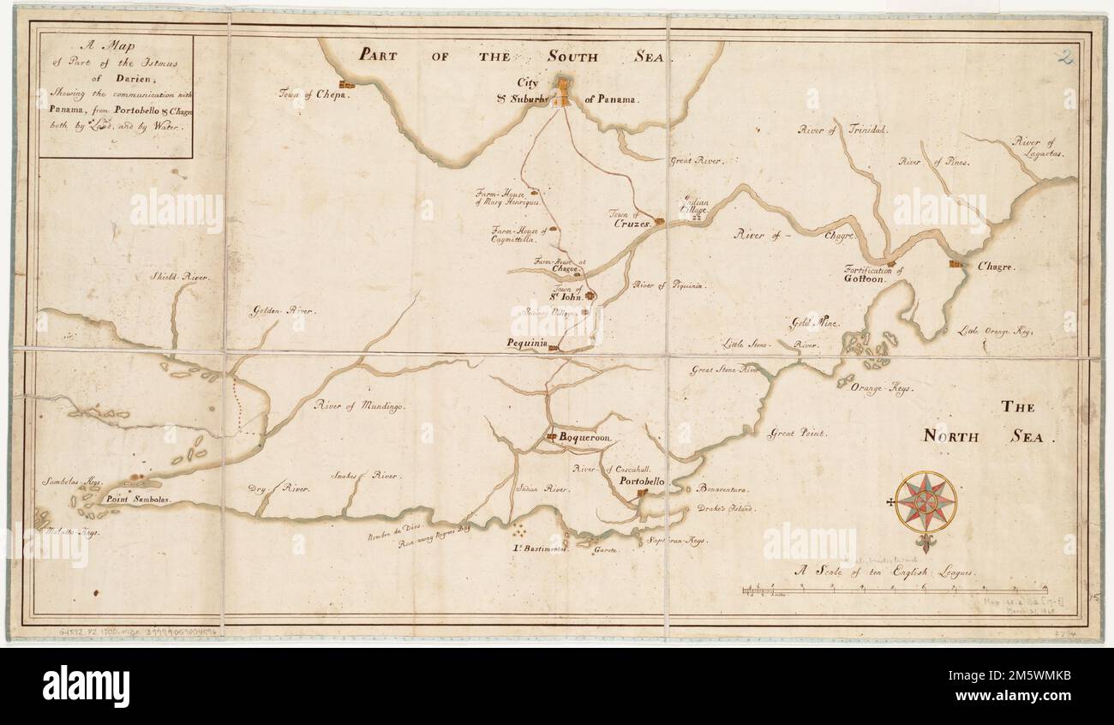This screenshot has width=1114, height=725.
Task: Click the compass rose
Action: (925, 501)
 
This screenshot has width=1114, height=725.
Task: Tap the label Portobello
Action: (643, 482)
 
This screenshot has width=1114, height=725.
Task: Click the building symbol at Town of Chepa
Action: (346, 85)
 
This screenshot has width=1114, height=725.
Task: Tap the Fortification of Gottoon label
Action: (874, 274)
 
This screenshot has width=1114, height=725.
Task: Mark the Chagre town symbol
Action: (954, 264)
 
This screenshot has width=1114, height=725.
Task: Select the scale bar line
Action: (895, 590)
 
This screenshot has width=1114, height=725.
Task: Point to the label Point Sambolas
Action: (137, 498)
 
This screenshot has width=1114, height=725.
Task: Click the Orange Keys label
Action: (882, 388)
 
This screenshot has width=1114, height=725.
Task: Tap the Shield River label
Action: (179, 278)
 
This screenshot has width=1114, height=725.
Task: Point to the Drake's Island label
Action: (725, 509)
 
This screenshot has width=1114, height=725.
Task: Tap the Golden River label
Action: (282, 311)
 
